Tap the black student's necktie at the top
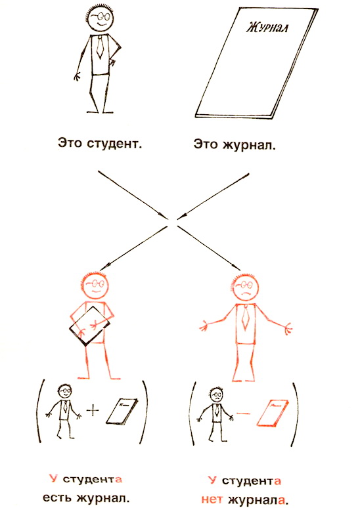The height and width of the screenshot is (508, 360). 101,47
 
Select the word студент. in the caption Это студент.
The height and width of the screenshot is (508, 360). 114,143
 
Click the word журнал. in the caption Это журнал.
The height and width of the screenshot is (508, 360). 250,144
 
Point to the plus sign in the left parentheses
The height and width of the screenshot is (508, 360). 93,411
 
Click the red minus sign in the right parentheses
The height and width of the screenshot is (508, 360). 243,413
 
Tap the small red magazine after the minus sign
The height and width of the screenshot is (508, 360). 273,413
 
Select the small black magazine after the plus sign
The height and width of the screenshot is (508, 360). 122,412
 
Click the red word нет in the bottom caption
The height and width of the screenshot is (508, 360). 212,499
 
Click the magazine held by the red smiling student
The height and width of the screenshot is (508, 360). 89,326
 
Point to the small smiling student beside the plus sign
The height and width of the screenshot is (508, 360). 64,411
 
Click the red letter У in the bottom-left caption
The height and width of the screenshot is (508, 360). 53,478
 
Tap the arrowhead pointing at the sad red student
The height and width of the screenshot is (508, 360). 237,266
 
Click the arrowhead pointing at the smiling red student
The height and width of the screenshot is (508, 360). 104,266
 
